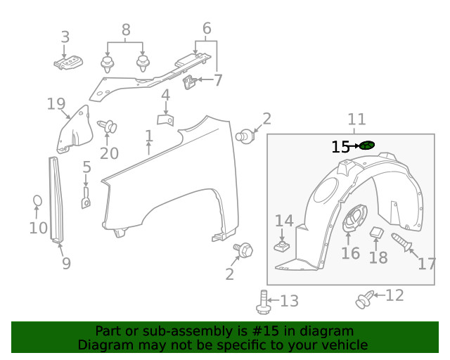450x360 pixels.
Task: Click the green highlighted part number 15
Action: pos(366,146)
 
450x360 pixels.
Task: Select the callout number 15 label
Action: pos(340,147)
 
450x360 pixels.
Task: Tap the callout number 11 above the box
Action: pos(356,120)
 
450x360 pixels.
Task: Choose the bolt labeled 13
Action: pos(264,302)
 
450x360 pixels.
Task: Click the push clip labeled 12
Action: pos(364,300)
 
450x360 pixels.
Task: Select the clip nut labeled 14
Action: pos(283,246)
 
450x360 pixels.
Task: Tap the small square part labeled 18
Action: pos(376,233)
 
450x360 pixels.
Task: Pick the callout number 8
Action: pos(126,30)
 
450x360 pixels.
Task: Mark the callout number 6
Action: pos(207,29)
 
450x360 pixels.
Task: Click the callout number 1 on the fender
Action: pos(148,136)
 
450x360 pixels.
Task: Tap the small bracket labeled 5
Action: pos(85,197)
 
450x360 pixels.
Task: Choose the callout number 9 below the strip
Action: pos(66,263)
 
